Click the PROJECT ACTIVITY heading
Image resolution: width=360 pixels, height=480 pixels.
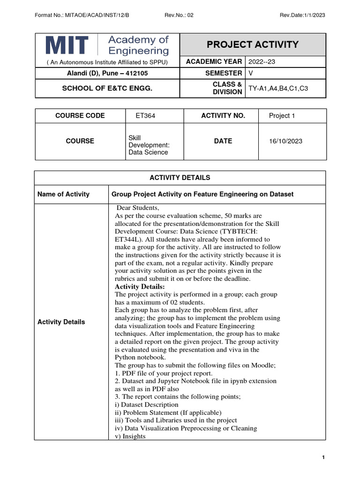click(x=253, y=45)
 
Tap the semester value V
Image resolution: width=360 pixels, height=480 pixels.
click(x=250, y=73)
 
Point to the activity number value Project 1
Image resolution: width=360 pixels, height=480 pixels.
click(x=282, y=116)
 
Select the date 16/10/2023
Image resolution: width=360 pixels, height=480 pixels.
click(x=285, y=141)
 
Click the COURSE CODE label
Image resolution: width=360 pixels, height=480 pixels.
click(x=80, y=116)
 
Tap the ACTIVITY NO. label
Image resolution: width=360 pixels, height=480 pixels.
click(x=223, y=116)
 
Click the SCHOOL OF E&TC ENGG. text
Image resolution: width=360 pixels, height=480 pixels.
click(x=107, y=88)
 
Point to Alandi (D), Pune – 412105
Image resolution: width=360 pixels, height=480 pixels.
click(x=107, y=73)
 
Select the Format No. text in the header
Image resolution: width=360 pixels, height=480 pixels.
click(x=82, y=15)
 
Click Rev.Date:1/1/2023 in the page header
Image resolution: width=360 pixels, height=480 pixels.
click(x=302, y=15)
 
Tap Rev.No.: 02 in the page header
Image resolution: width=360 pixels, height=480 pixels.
click(x=179, y=15)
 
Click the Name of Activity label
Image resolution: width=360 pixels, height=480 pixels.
click(x=63, y=194)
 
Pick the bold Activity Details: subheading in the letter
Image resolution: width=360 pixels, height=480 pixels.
click(x=140, y=287)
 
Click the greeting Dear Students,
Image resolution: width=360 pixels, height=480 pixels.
click(x=137, y=208)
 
